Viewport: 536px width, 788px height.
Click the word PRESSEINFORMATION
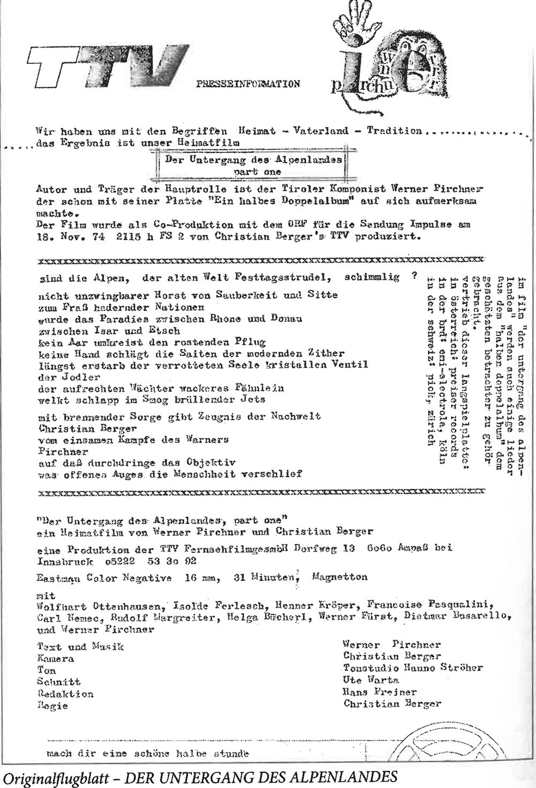point(248,84)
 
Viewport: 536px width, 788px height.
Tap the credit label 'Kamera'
point(56,659)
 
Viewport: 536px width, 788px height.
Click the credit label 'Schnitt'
point(59,682)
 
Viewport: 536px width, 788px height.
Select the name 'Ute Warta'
point(371,680)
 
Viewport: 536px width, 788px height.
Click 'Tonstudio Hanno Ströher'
point(413,668)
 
